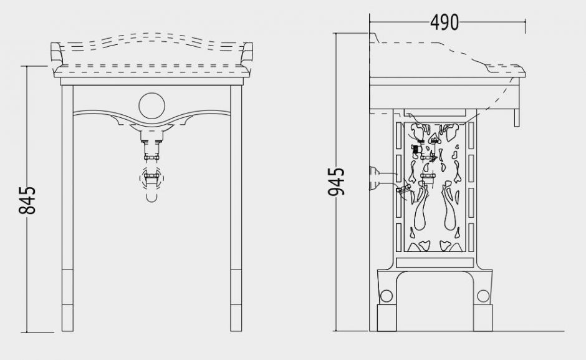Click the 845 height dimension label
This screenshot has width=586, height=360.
pos(27,200)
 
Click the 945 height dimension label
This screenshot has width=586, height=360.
pos(336,182)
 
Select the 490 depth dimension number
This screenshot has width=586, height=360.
pos(444,22)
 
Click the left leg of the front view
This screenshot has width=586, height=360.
pos(67,208)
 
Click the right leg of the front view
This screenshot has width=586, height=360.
pos(236,208)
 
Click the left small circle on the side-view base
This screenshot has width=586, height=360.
pos(386,296)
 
